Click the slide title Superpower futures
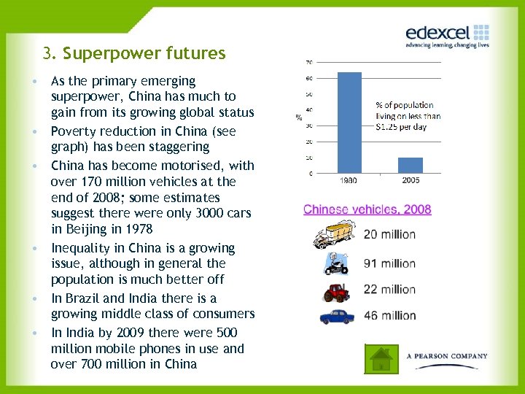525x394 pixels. point(134,53)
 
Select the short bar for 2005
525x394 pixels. point(410,165)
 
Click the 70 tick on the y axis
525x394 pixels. point(310,61)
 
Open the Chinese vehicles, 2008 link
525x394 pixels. point(367,209)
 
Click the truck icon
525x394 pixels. point(333,236)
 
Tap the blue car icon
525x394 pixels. point(336,317)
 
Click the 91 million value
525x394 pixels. point(389,263)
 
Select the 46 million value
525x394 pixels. point(389,316)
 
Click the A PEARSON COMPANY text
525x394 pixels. point(446,356)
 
